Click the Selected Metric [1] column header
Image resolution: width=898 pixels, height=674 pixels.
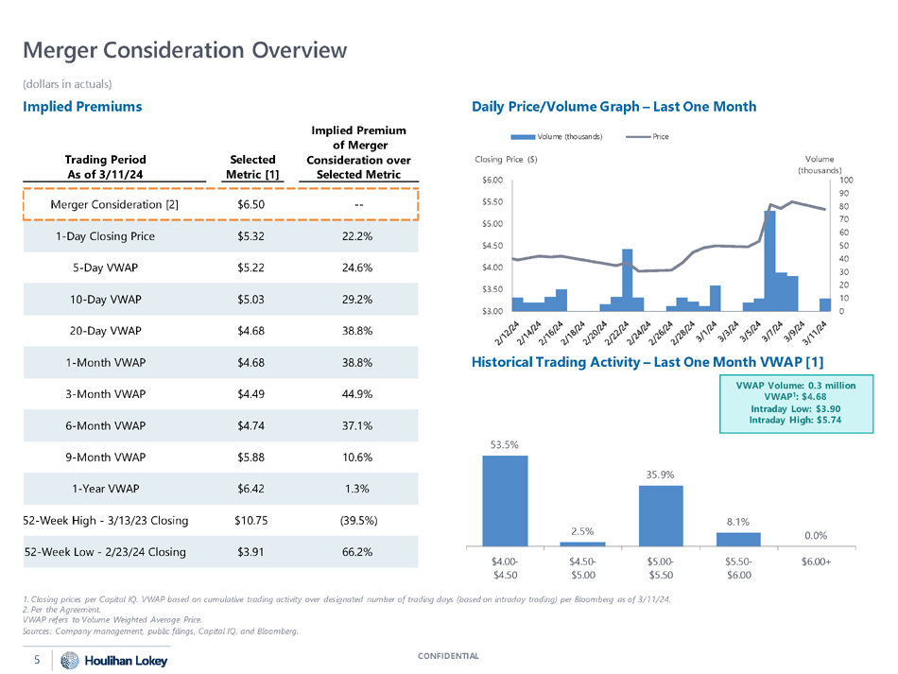252,167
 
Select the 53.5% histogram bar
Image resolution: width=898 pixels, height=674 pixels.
505,500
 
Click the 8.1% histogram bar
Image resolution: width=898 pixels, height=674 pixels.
738,539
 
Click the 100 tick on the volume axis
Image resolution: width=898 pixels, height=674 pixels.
846,180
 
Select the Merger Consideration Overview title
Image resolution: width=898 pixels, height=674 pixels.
184,49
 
